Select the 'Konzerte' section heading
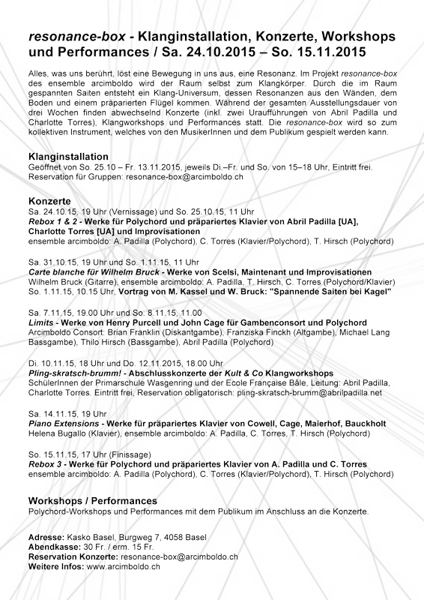[x=49, y=202]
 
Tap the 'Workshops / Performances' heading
[x=92, y=499]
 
